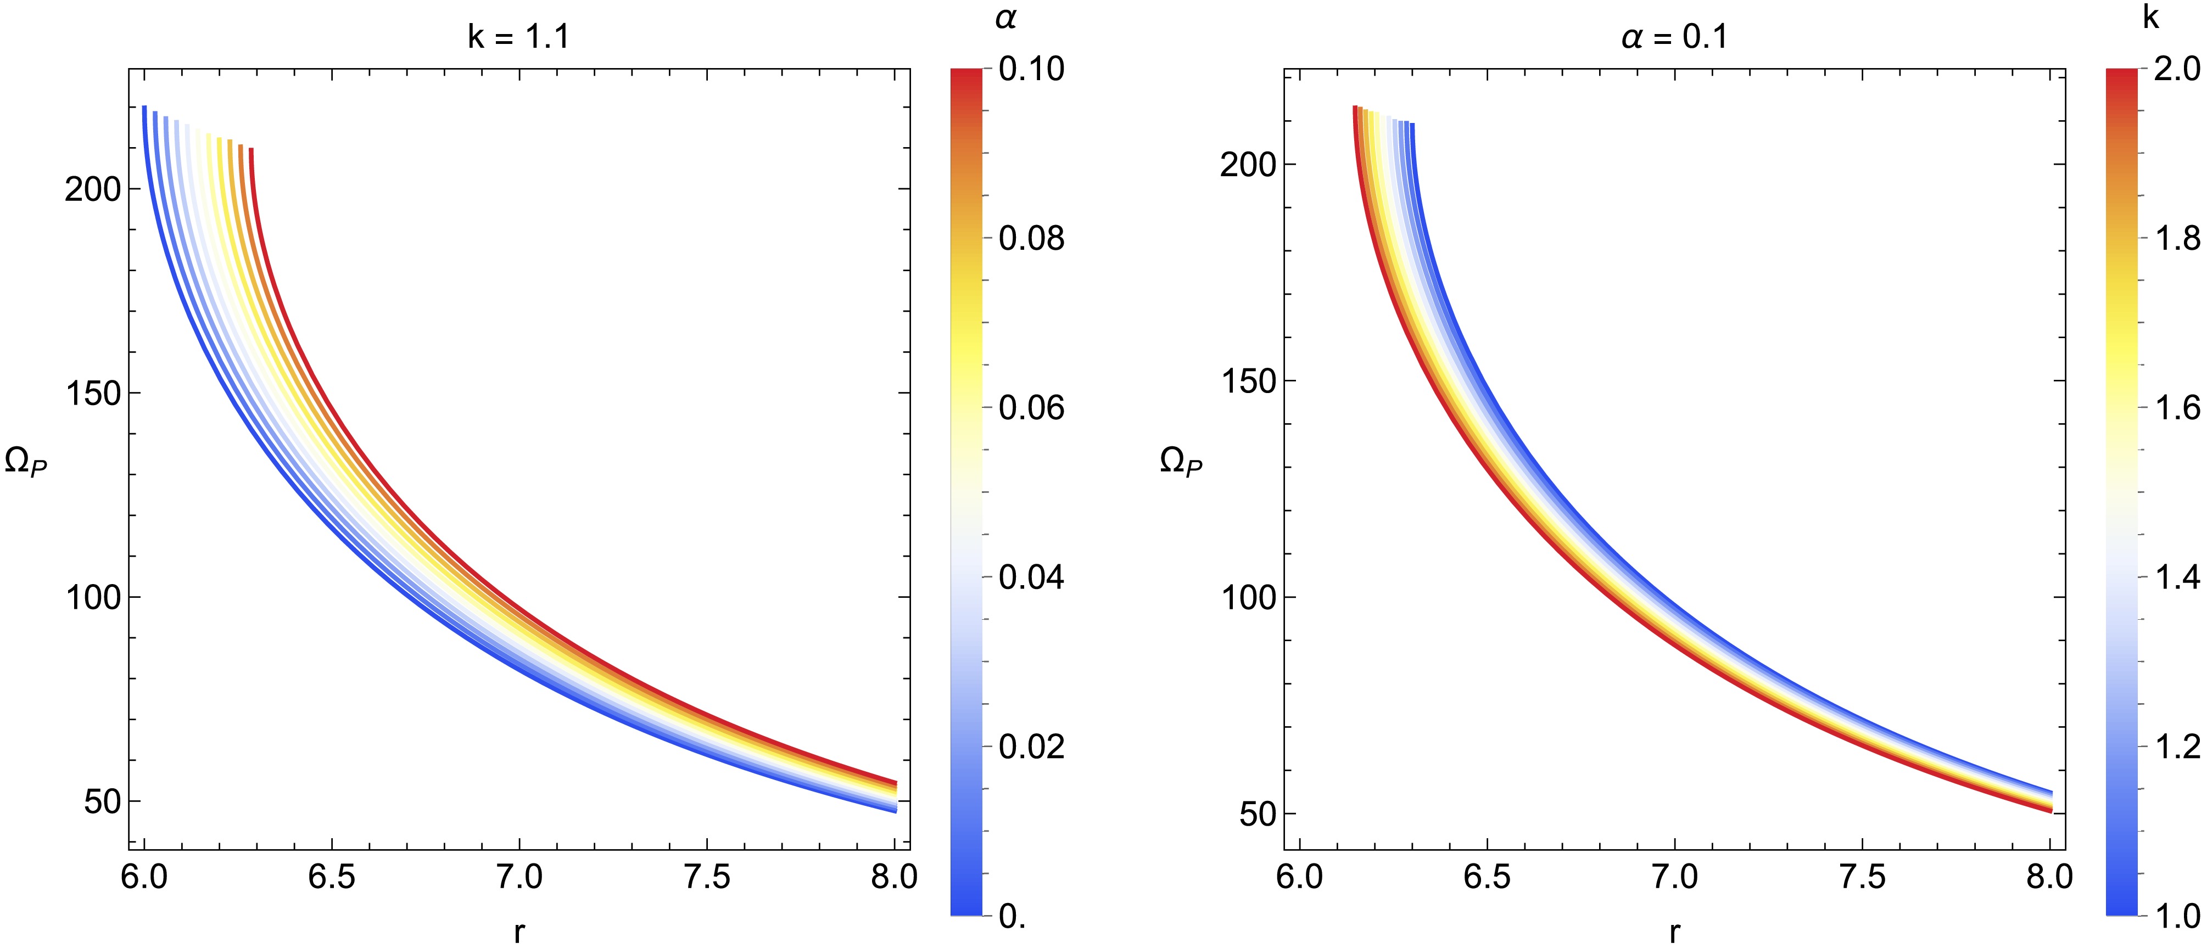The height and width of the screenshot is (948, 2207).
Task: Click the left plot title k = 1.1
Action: coord(518,37)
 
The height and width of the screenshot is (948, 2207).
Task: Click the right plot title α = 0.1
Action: coord(1674,37)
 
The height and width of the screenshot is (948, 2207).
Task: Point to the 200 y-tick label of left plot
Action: coord(92,189)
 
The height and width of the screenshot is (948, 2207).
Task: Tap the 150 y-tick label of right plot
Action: coord(1248,381)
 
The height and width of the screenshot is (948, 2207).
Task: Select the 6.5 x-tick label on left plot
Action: coord(332,878)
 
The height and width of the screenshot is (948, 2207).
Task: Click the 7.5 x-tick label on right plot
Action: coord(1863,878)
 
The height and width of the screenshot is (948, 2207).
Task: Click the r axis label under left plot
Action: coord(518,932)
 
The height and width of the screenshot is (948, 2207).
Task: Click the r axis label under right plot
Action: coord(1674,932)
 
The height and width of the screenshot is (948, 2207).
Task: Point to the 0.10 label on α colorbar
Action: coord(1031,69)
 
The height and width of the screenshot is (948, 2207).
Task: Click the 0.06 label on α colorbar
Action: coord(1031,408)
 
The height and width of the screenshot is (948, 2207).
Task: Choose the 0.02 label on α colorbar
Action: coord(1031,747)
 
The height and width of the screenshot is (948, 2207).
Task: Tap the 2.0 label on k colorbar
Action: coord(2177,69)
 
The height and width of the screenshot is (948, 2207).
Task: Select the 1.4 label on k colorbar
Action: coord(2177,577)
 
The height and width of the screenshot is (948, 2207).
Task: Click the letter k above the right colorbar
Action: coord(2150,17)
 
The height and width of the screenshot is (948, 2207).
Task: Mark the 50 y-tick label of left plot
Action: coord(102,803)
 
